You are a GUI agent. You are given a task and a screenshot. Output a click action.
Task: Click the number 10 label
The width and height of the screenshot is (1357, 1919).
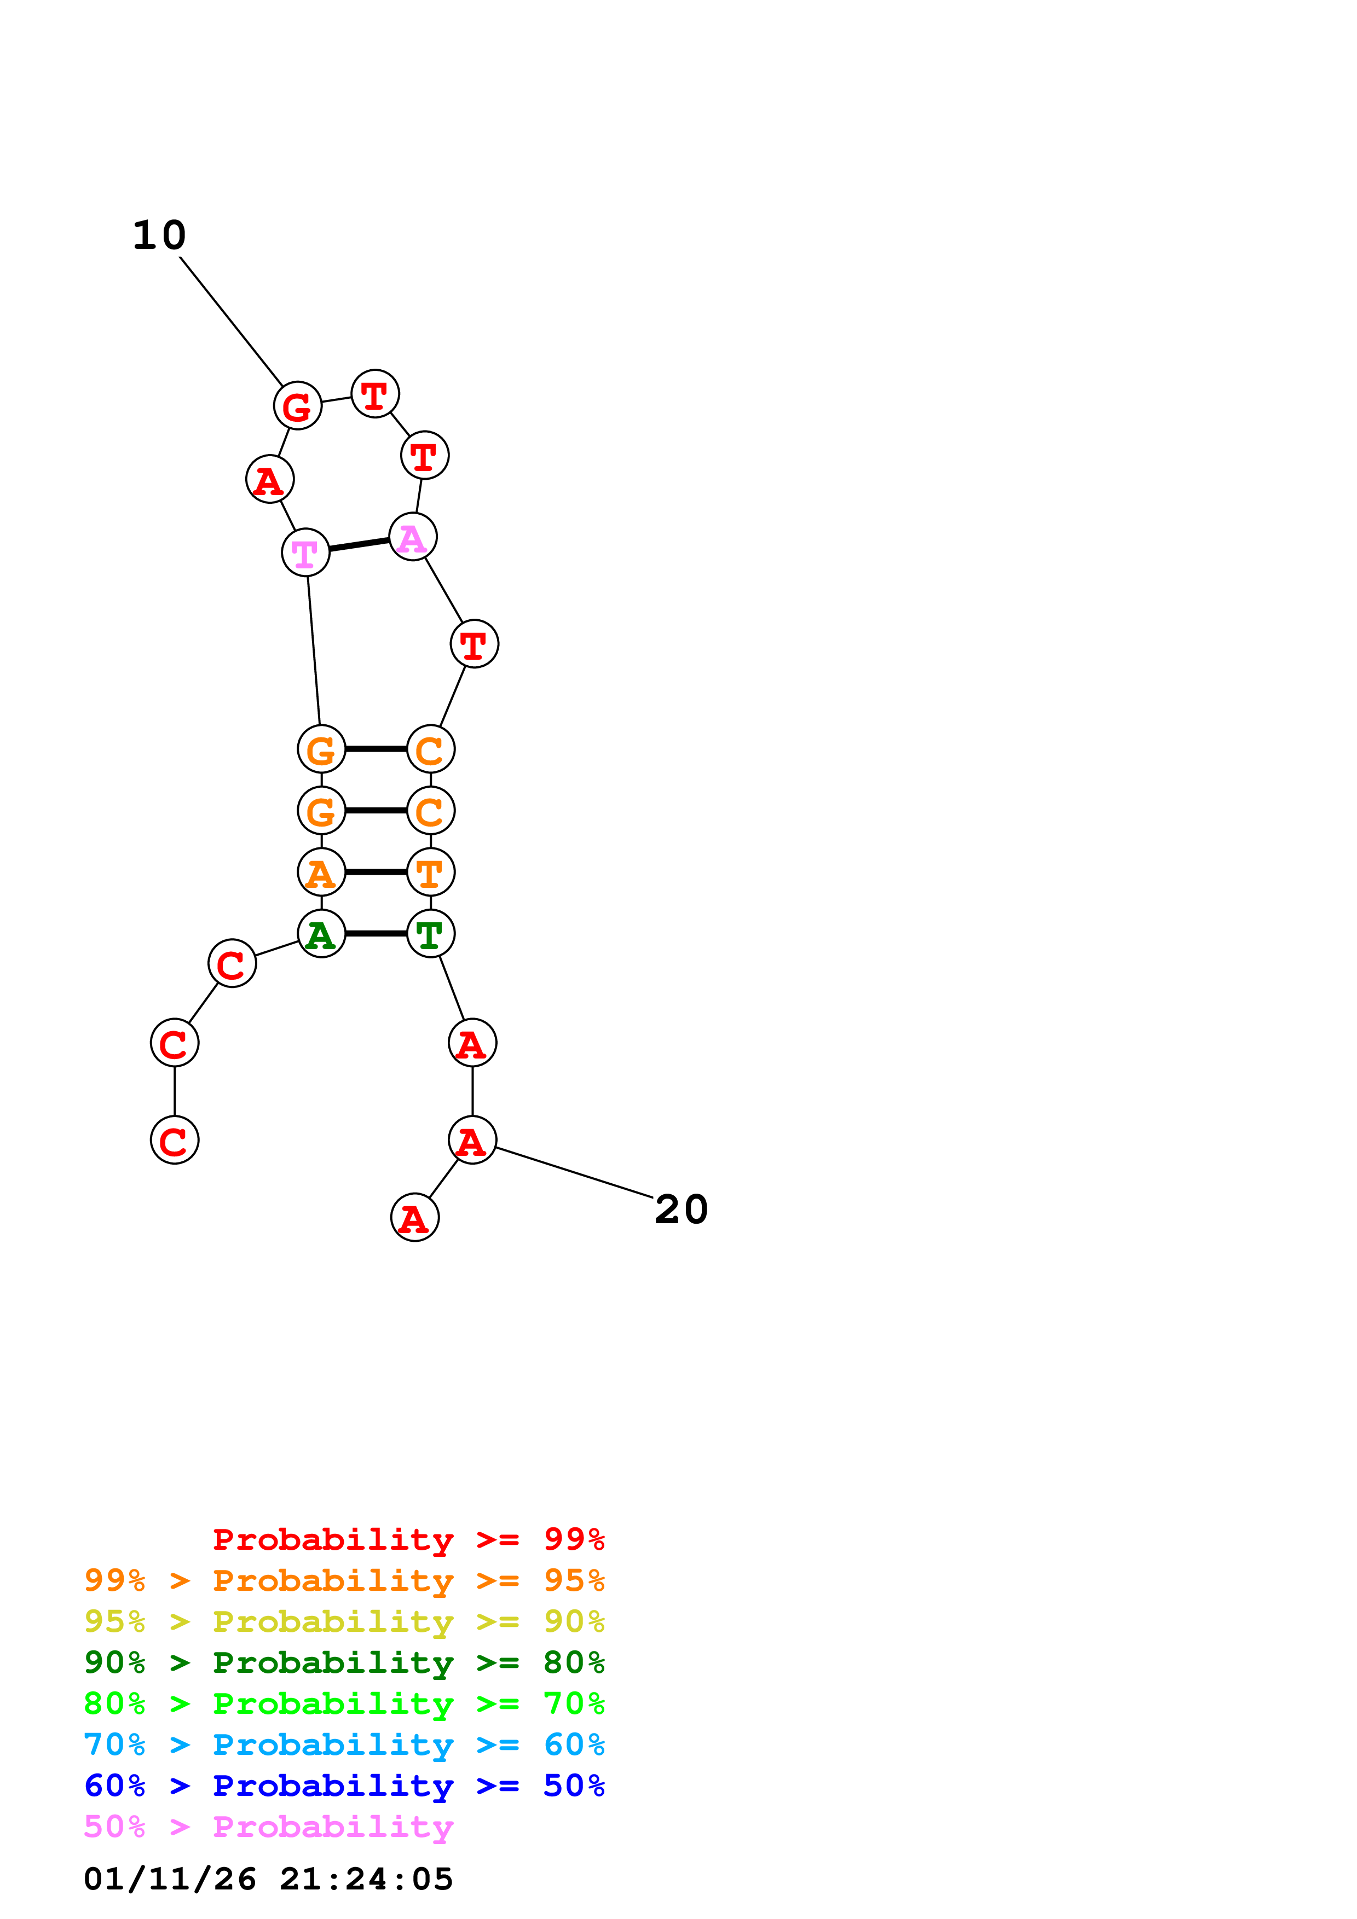pos(159,236)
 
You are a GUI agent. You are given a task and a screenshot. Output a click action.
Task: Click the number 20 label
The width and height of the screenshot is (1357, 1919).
pos(682,1209)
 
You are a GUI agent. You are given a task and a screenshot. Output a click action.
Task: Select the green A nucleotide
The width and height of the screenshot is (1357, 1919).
pos(321,934)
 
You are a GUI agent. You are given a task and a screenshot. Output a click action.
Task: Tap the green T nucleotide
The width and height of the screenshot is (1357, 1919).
pos(431,934)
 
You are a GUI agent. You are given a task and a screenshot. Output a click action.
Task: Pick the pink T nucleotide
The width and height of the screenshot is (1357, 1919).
pos(305,553)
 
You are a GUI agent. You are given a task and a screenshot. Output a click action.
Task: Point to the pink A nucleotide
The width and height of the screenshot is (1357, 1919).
pos(412,537)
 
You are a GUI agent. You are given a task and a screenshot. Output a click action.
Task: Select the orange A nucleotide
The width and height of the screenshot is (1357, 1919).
pos(321,873)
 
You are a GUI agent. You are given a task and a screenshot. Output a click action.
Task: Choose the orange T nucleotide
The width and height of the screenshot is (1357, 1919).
pos(431,873)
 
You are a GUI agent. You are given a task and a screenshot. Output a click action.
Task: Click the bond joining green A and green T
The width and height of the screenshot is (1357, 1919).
pos(376,934)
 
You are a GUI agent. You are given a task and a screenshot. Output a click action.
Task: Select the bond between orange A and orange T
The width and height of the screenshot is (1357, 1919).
pos(376,873)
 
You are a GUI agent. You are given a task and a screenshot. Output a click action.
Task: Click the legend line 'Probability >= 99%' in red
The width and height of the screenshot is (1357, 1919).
pos(408,1539)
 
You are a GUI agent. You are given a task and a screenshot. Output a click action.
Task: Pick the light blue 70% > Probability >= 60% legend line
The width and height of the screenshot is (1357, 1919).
pos(344,1745)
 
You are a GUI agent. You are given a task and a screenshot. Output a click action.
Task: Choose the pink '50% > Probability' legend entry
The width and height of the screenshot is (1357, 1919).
pos(268,1827)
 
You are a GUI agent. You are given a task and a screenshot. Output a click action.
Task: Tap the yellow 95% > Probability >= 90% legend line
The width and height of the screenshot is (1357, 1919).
pos(344,1621)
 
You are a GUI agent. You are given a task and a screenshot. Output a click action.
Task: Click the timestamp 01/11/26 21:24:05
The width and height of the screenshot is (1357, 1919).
pos(268,1880)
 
